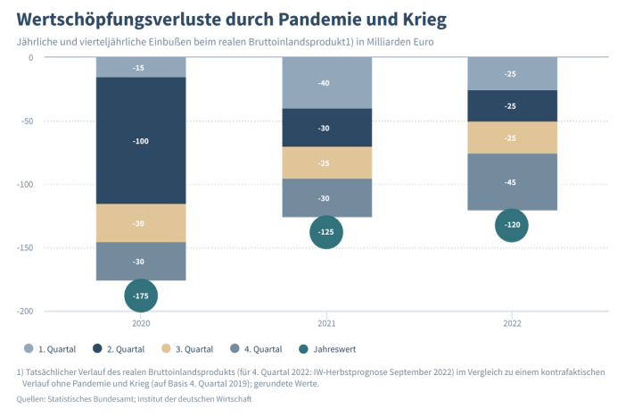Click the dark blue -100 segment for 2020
[141, 140]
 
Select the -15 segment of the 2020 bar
[141, 67]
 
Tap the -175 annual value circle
[141, 296]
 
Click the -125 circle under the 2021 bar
[326, 232]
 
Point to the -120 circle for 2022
[512, 225]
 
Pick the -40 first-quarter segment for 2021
[326, 83]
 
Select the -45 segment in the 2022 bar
[513, 182]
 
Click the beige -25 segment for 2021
[326, 163]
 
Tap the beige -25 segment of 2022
[513, 138]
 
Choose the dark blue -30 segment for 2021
[326, 128]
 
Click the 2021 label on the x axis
[326, 323]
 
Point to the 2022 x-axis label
[512, 323]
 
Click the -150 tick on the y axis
[25, 247]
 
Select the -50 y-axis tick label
[27, 121]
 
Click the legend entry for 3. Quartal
[187, 349]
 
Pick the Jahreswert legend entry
[327, 349]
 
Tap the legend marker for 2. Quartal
[97, 348]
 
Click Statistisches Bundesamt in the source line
[91, 399]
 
